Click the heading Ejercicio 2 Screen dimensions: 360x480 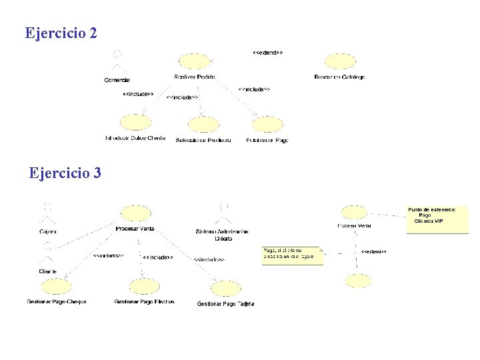(x=61, y=32)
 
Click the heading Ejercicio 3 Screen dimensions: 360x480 (x=65, y=173)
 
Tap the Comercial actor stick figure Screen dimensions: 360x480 (x=117, y=62)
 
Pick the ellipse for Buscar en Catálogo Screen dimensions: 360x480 (x=340, y=62)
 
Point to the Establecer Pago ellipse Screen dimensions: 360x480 (x=267, y=125)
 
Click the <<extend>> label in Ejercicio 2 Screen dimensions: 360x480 (x=267, y=51)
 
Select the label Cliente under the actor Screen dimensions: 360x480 (x=47, y=271)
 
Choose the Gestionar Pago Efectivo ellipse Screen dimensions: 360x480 (x=144, y=287)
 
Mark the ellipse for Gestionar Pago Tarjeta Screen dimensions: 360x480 (x=225, y=289)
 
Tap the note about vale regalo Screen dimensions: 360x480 (x=293, y=255)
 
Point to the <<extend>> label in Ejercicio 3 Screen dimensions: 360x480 (x=373, y=251)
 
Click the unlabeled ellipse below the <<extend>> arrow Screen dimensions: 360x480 (x=358, y=281)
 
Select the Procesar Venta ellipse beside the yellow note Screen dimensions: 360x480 (x=354, y=213)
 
